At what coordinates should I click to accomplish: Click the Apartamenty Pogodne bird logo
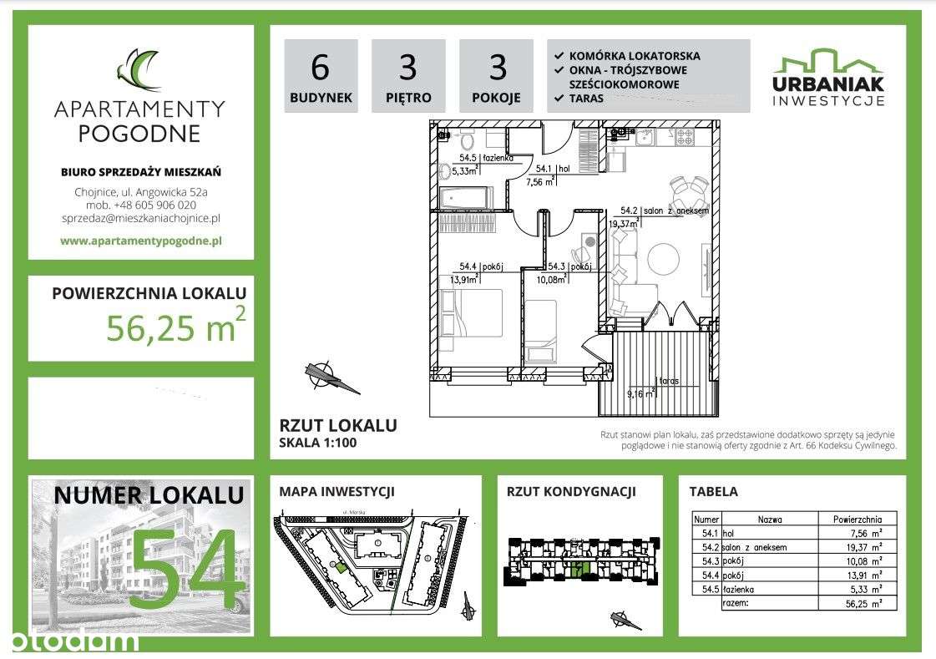pos(139,70)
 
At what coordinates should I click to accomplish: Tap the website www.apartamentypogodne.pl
pos(140,241)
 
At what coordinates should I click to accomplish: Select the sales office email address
pos(140,218)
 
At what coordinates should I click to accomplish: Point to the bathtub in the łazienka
pos(466,198)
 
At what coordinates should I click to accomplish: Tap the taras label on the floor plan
pos(669,381)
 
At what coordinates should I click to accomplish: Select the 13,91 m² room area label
pos(465,280)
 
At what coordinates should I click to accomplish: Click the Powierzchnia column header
pos(858,519)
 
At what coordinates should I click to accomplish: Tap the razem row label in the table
pos(739,602)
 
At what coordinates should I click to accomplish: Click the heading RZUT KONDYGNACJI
pos(571,492)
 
